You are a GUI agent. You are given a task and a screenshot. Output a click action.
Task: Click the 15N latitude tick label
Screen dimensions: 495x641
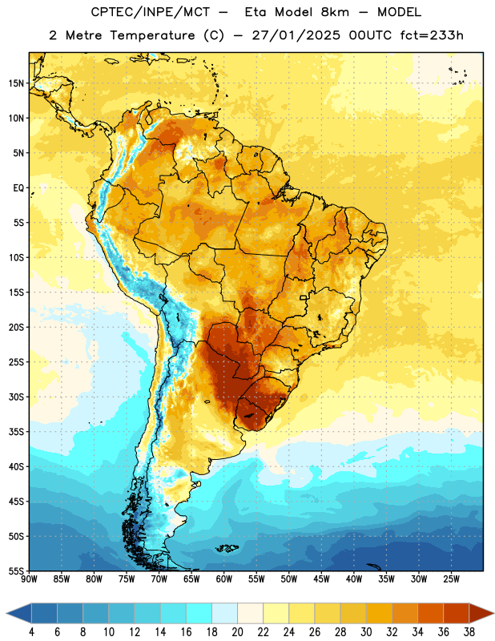click(16, 83)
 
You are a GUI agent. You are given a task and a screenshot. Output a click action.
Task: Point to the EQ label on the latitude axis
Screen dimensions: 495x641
click(18, 188)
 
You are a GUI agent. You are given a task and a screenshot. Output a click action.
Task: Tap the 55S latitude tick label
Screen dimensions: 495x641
click(16, 571)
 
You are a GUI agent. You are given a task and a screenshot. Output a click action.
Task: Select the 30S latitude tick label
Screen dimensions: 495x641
click(16, 397)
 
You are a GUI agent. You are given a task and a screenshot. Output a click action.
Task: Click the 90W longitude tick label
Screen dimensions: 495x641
click(29, 579)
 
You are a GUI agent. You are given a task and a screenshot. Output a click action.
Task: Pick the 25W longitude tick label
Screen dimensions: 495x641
click(451, 579)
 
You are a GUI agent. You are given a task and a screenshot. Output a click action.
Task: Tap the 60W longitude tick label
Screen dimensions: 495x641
click(224, 579)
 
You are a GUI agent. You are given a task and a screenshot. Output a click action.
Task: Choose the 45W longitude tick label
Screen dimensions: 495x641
click(321, 579)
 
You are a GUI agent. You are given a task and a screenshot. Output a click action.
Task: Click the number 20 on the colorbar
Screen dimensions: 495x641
click(237, 632)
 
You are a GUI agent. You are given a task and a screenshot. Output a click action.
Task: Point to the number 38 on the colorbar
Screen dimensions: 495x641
click(469, 632)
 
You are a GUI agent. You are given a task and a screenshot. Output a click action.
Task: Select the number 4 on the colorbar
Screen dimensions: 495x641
click(31, 632)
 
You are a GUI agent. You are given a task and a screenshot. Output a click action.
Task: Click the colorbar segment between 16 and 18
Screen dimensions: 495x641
click(199, 613)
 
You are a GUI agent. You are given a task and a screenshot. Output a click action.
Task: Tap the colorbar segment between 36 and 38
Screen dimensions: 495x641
click(457, 613)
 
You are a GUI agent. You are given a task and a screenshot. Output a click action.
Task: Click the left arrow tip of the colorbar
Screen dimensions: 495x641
click(6, 613)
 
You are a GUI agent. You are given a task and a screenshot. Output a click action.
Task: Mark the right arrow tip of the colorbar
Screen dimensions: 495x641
click(494, 613)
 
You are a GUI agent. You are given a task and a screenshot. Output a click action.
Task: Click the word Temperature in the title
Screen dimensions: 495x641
click(152, 35)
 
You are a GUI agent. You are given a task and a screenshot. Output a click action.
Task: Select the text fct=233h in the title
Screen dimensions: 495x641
click(432, 35)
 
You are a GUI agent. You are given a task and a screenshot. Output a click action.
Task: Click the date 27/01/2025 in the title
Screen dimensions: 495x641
click(296, 35)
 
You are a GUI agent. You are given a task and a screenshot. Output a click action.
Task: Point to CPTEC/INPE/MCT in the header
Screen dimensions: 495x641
click(150, 12)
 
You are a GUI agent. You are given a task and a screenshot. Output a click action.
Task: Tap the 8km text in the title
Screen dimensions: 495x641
click(335, 12)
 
